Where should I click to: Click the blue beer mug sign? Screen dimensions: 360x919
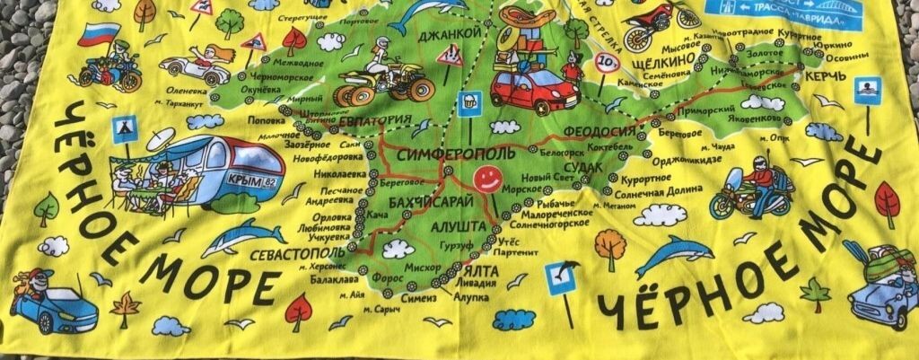[467, 101]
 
